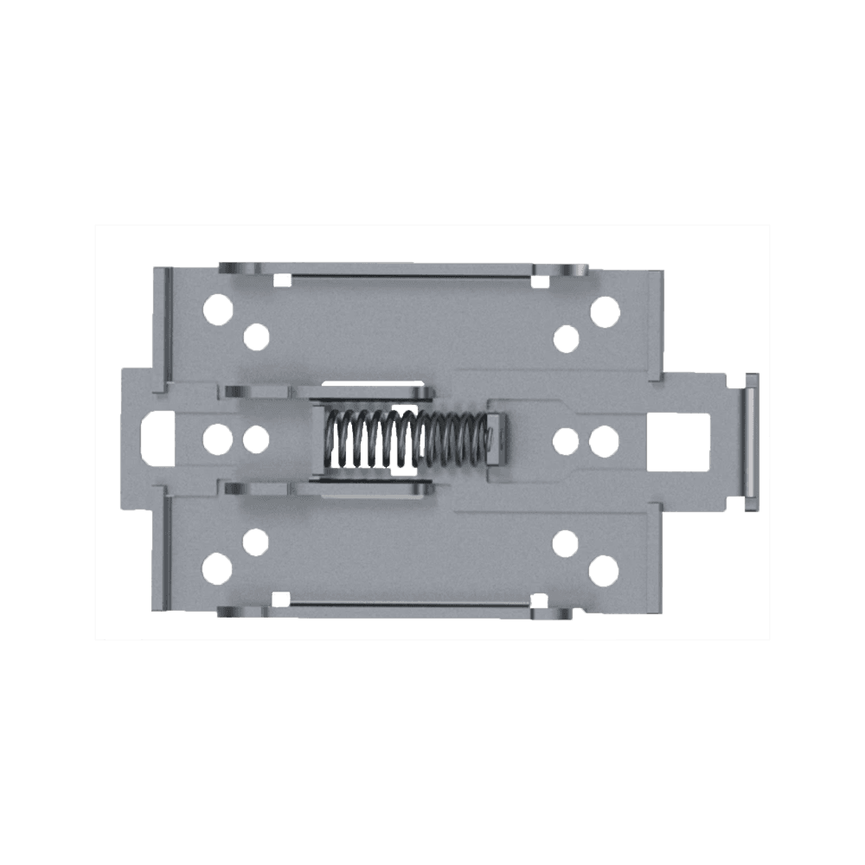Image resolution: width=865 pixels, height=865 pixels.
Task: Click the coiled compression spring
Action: pos(402,439)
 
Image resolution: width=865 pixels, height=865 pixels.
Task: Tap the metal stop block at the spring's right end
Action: pos(494,439)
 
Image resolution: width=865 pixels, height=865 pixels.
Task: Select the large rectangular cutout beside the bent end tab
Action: pos(679,439)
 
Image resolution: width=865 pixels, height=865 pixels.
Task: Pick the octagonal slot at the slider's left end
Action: pos(157,439)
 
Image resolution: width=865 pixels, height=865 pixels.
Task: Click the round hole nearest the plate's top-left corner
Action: pos(220,308)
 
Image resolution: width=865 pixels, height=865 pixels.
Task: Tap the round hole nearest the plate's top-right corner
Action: pos(605,308)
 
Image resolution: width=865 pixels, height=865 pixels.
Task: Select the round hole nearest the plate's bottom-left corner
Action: pos(220,569)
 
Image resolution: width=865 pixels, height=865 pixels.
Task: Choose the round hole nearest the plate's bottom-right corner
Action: pos(605,569)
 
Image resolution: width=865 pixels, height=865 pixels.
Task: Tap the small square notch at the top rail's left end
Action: pos(281,279)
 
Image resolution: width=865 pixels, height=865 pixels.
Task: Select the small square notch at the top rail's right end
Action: pos(541,279)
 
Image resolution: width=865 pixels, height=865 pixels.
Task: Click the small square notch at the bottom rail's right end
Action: pos(541,599)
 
